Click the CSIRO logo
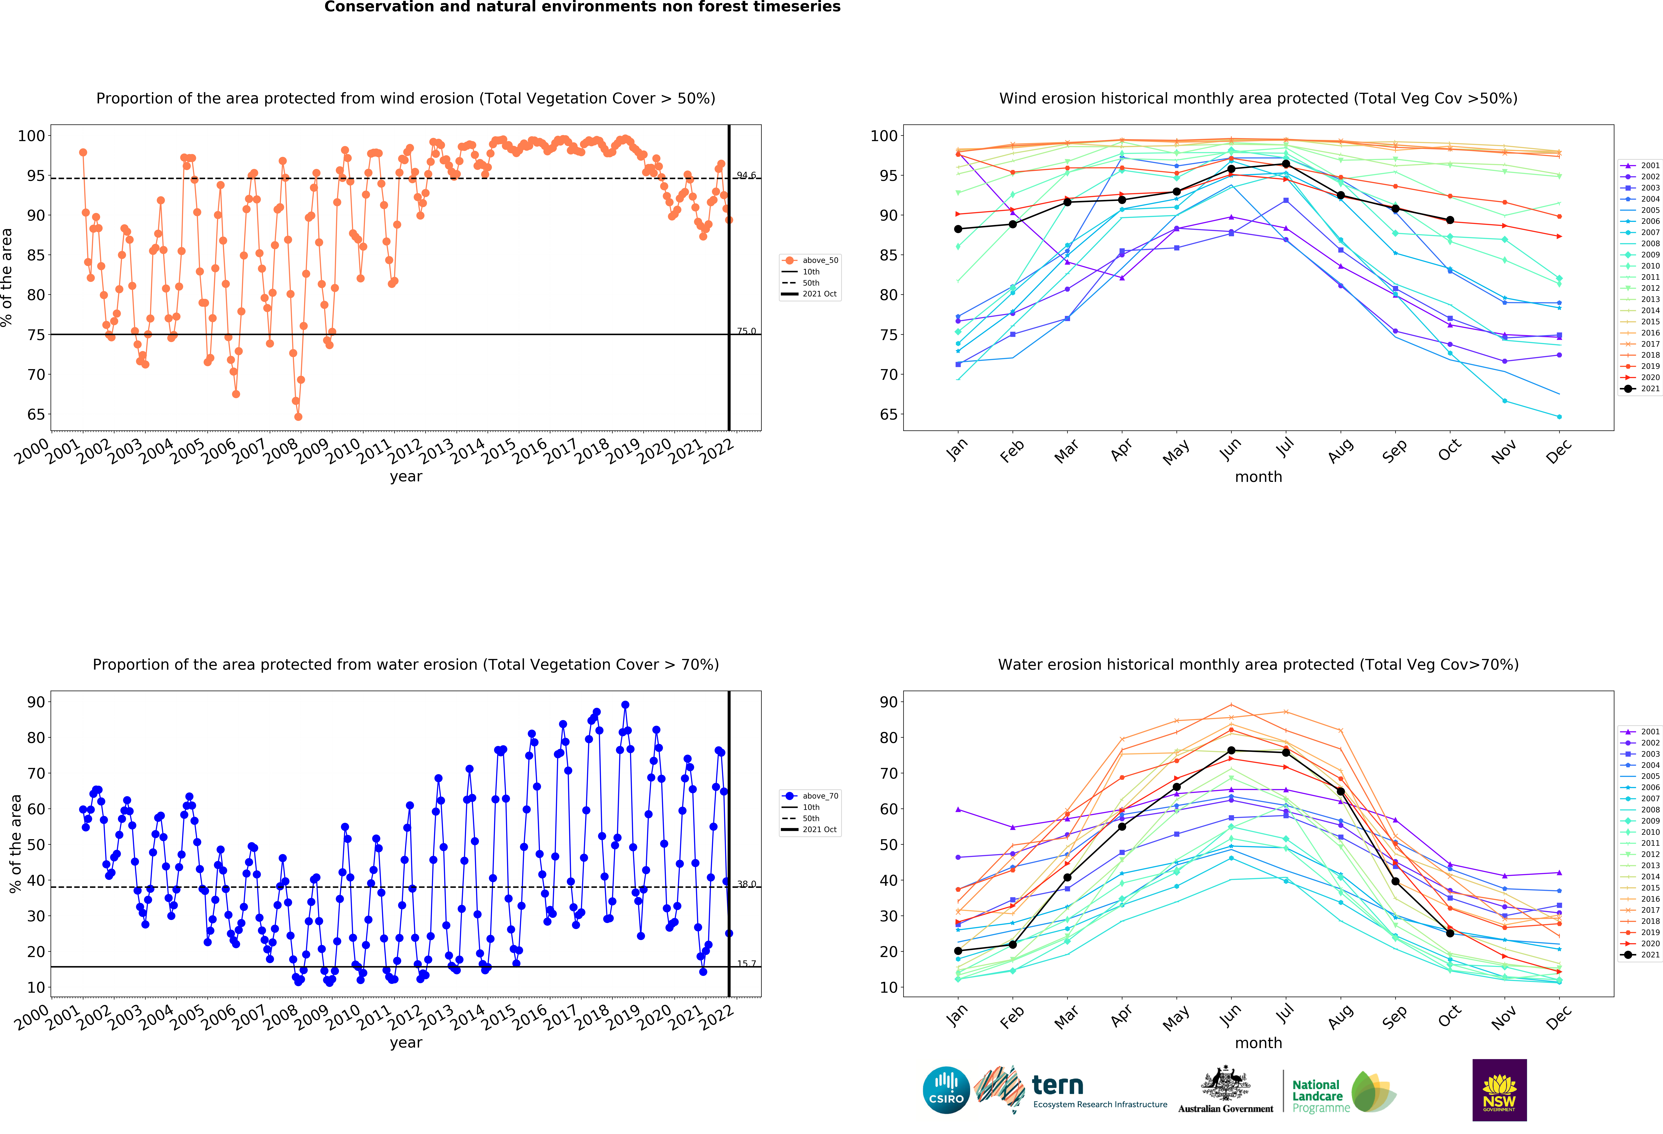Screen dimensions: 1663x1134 click(946, 1090)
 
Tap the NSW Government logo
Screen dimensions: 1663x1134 click(1499, 1090)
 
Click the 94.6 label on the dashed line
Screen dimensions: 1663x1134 click(746, 175)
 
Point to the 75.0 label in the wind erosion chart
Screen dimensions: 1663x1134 click(746, 331)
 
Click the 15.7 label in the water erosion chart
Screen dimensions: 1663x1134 click(746, 964)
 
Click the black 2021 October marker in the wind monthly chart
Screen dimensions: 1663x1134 click(1450, 220)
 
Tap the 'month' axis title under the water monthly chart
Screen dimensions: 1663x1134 click(1258, 1043)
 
